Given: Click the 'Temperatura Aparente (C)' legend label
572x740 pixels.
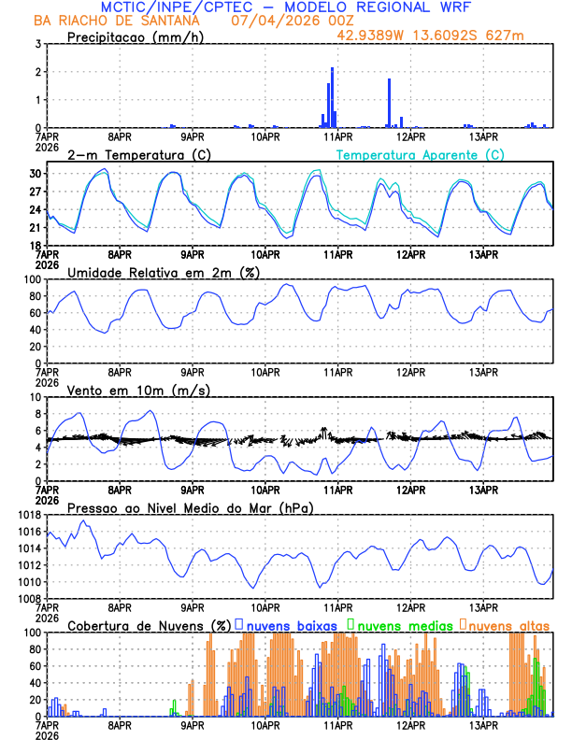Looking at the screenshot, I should (x=421, y=154).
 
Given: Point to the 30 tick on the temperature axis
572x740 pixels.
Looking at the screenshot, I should (x=36, y=174).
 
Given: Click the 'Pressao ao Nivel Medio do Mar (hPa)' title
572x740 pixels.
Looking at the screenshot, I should (x=190, y=507).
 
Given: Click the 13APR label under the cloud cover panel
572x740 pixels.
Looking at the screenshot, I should (x=482, y=724).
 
